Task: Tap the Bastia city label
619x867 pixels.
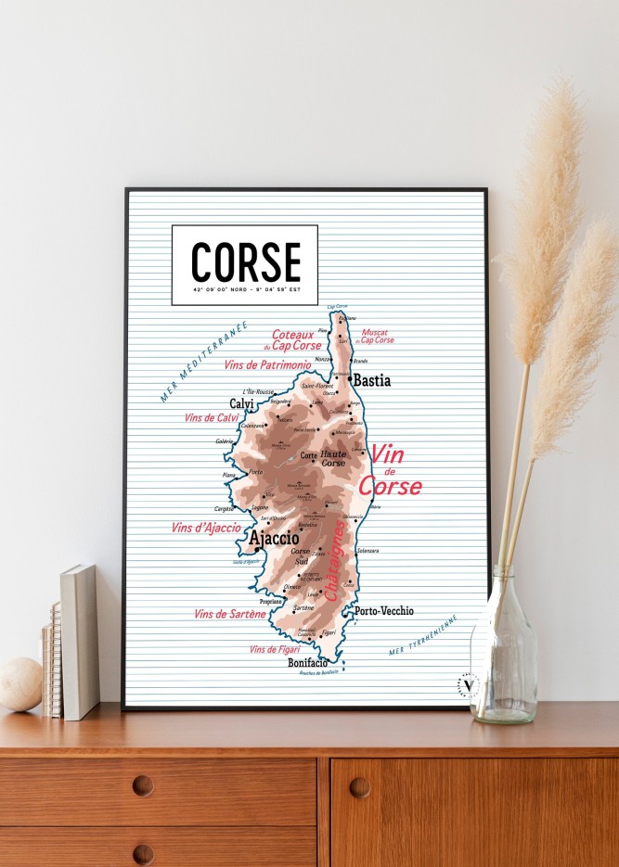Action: [x=371, y=380]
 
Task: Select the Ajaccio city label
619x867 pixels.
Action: [x=274, y=538]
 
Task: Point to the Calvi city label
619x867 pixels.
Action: [x=242, y=404]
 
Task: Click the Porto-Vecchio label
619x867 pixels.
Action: [x=383, y=611]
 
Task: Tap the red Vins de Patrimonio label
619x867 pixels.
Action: [x=267, y=365]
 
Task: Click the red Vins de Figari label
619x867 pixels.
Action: [x=275, y=649]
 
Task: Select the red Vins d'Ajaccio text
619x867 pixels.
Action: [x=206, y=528]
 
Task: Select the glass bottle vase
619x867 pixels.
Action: [x=503, y=649]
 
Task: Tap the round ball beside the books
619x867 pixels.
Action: [x=19, y=684]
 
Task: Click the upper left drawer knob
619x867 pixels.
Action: [x=143, y=785]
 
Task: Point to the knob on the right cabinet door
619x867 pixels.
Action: [x=360, y=787]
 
